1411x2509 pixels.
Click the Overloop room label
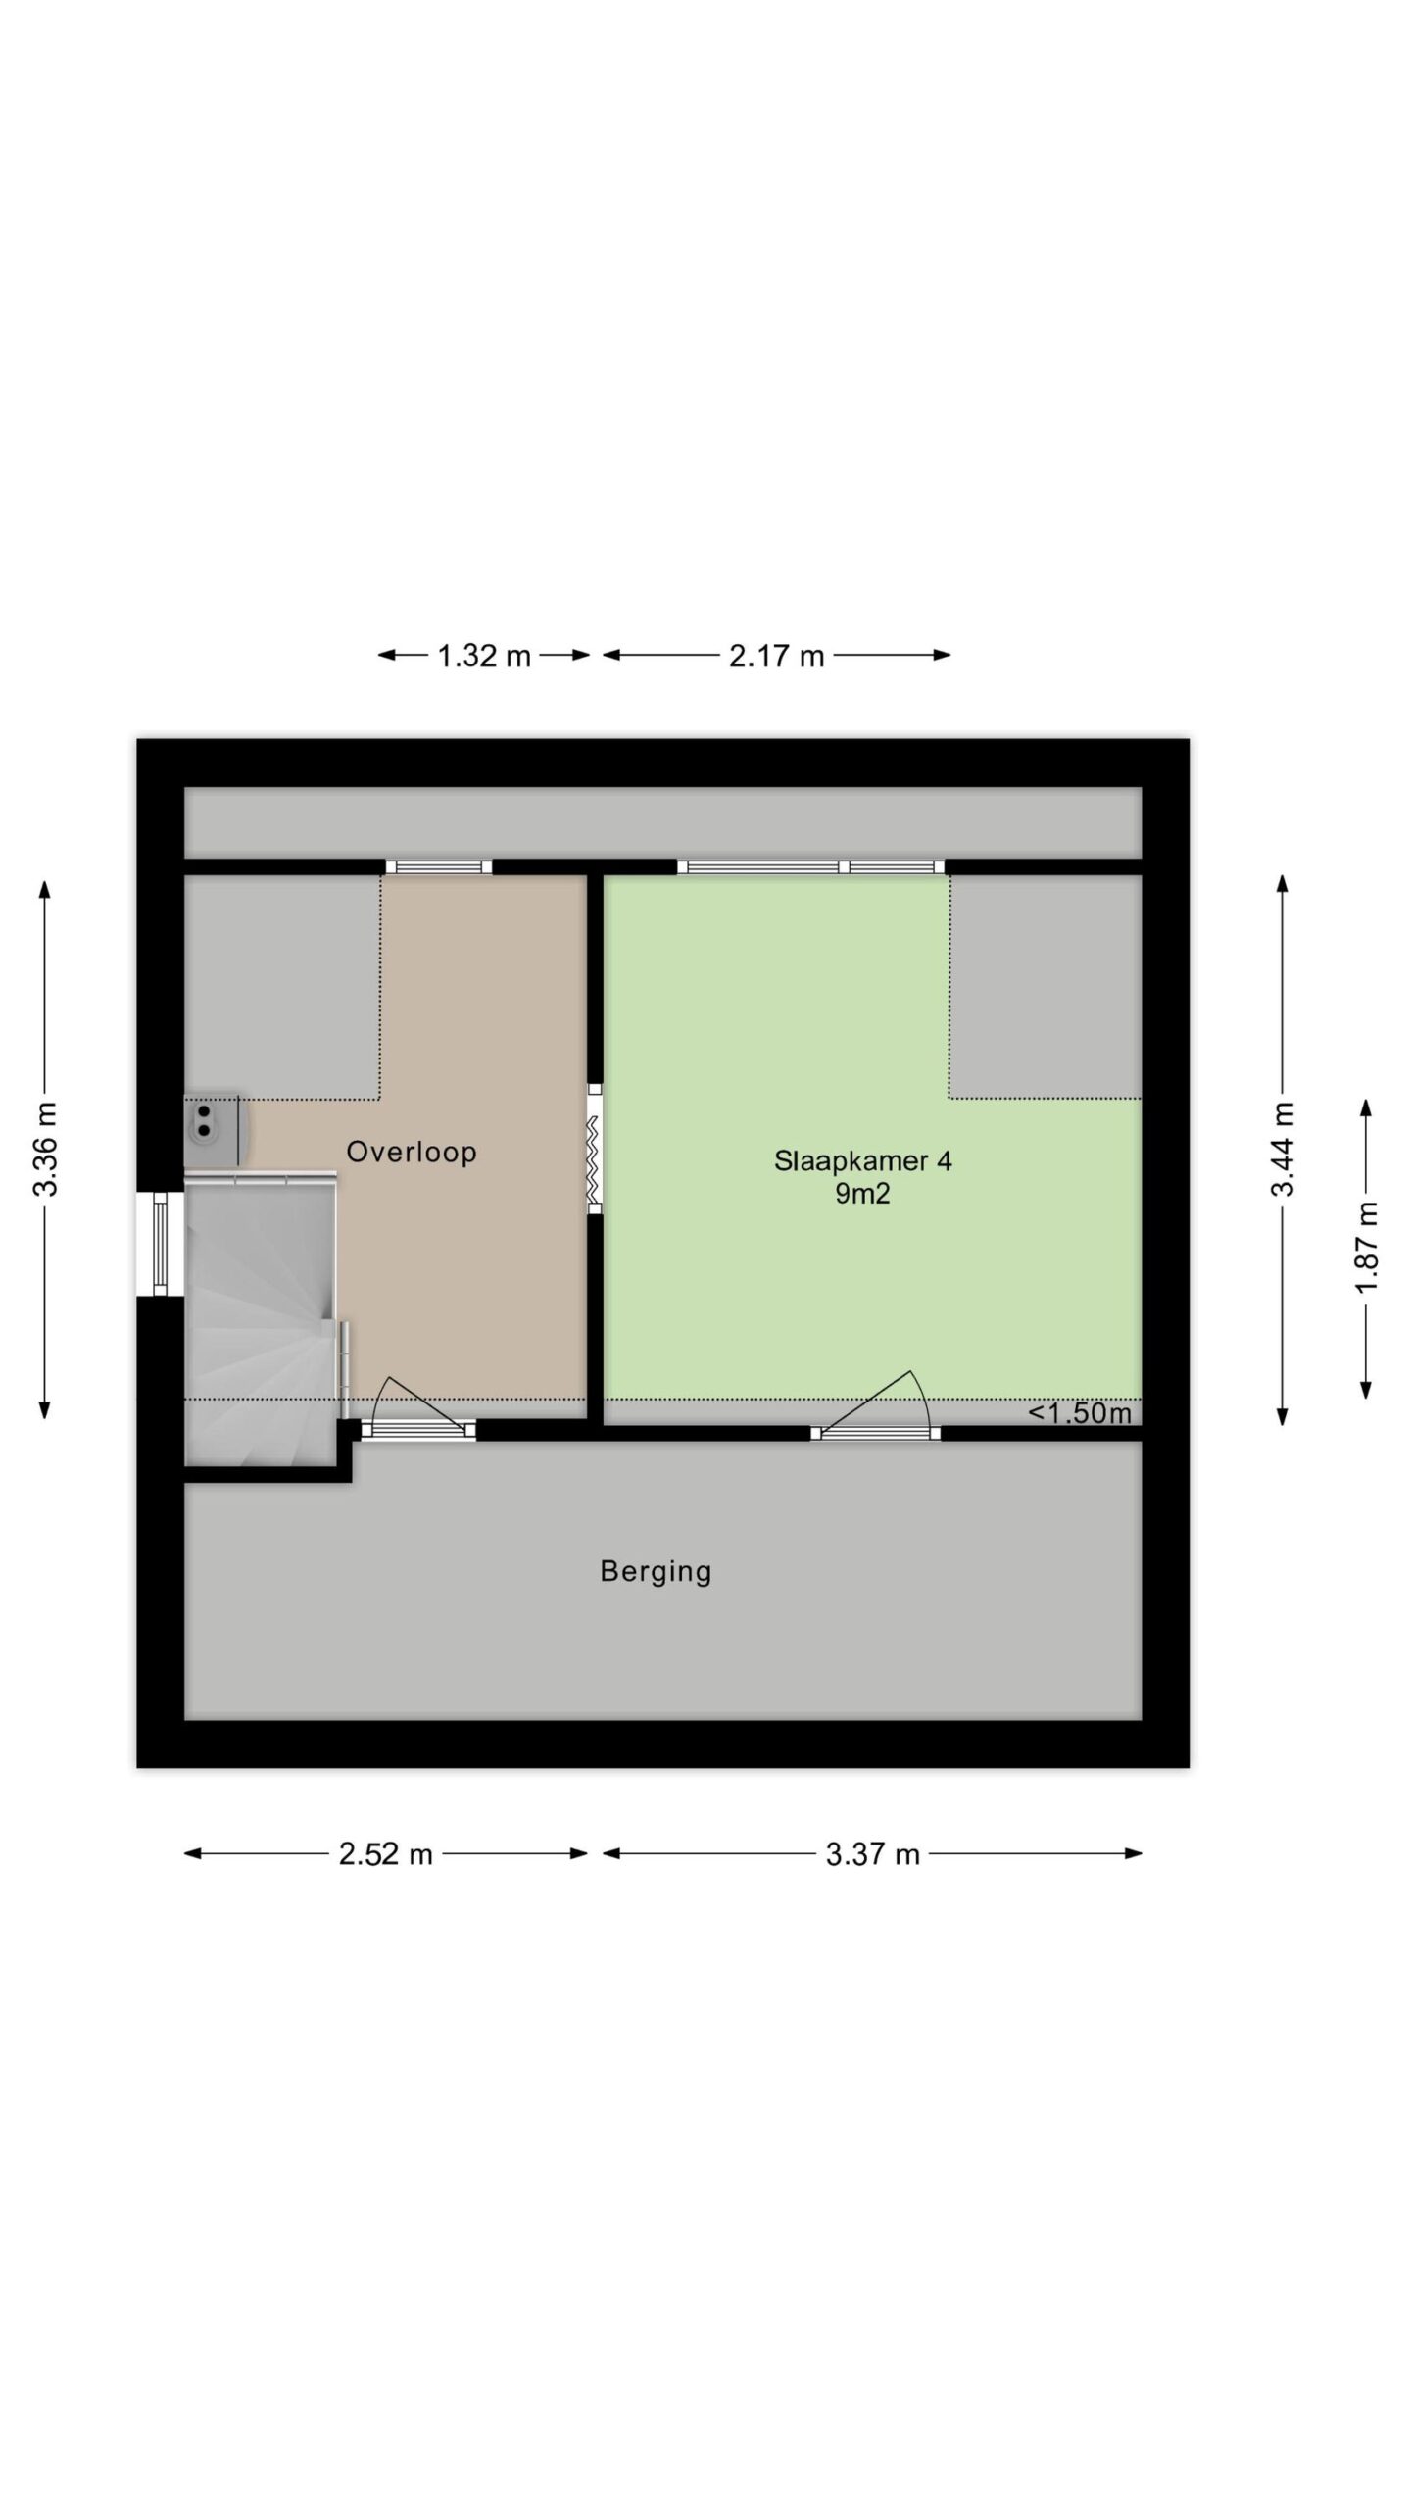point(412,1152)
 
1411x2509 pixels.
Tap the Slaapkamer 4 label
point(862,1161)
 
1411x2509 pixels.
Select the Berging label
point(656,1572)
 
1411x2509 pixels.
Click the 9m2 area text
point(862,1194)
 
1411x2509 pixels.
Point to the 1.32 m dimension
point(484,656)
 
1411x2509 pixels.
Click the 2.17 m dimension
point(776,656)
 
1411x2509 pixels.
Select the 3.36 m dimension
point(45,1150)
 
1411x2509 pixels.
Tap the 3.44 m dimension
point(1283,1150)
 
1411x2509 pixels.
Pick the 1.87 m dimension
point(1366,1247)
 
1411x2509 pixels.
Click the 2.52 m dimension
point(385,1854)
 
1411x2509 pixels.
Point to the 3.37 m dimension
point(872,1854)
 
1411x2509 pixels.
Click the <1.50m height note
point(1079,1413)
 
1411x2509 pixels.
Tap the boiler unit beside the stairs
point(213,1130)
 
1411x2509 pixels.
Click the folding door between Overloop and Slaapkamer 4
point(595,1149)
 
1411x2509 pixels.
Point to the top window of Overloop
point(439,866)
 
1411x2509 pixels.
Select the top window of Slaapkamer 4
point(811,866)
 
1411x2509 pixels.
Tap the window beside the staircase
point(161,1244)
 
